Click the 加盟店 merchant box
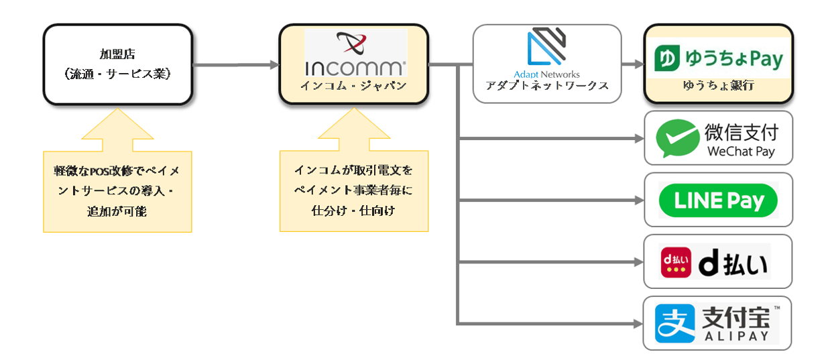coord(118,64)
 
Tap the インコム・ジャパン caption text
coord(355,85)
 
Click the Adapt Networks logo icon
coord(546,47)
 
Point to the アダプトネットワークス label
coord(547,86)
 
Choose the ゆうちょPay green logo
coord(718,58)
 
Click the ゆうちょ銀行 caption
coord(718,86)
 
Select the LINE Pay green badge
coord(718,200)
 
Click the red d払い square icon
coord(675,262)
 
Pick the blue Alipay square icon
coord(675,323)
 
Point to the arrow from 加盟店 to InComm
coord(235,65)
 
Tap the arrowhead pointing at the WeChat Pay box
coord(638,139)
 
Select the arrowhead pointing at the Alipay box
coord(638,324)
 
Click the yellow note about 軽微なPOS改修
coord(117,191)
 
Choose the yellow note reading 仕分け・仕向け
coord(353,191)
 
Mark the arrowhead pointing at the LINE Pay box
coord(638,200)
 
